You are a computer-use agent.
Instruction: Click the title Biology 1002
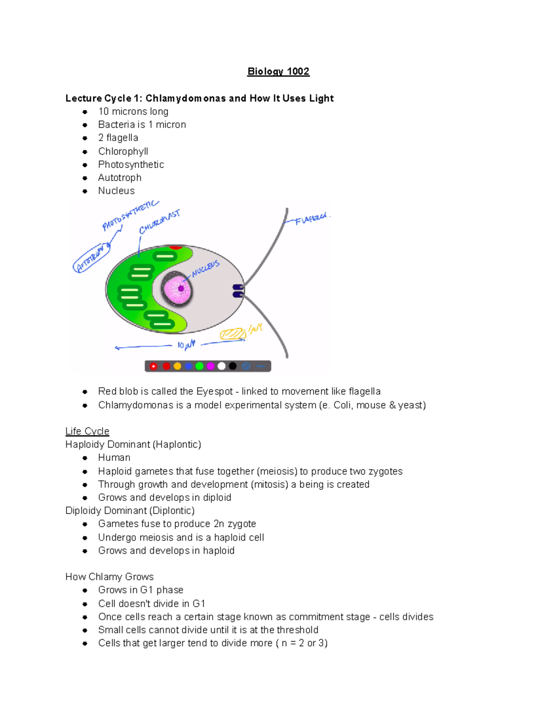pyautogui.click(x=278, y=71)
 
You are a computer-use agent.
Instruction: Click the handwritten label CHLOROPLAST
pyautogui.click(x=159, y=222)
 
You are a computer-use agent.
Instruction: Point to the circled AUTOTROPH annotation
pyautogui.click(x=91, y=258)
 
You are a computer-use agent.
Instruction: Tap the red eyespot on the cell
pyautogui.click(x=175, y=247)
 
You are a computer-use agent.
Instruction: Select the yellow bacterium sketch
pyautogui.click(x=233, y=334)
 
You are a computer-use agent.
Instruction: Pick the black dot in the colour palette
pyautogui.click(x=233, y=366)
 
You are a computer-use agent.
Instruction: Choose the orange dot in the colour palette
pyautogui.click(x=177, y=366)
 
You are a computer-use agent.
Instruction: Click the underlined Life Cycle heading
pyautogui.click(x=87, y=431)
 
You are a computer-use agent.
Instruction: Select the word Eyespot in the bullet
pyautogui.click(x=214, y=391)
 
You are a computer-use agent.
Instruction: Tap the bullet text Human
pyautogui.click(x=114, y=458)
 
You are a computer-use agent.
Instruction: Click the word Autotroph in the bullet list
pyautogui.click(x=120, y=178)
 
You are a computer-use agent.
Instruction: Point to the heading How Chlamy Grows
pyautogui.click(x=110, y=577)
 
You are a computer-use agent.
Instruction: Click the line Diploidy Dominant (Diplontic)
pyautogui.click(x=130, y=511)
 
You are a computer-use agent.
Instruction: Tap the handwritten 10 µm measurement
pyautogui.click(x=186, y=344)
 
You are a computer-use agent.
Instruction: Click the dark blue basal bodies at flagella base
pyautogui.click(x=238, y=291)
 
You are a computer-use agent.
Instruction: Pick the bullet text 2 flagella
pyautogui.click(x=118, y=138)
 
